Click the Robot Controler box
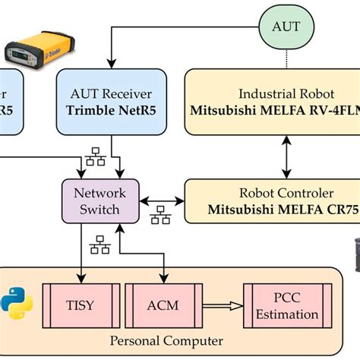point(273,201)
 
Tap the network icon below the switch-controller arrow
point(160,218)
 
